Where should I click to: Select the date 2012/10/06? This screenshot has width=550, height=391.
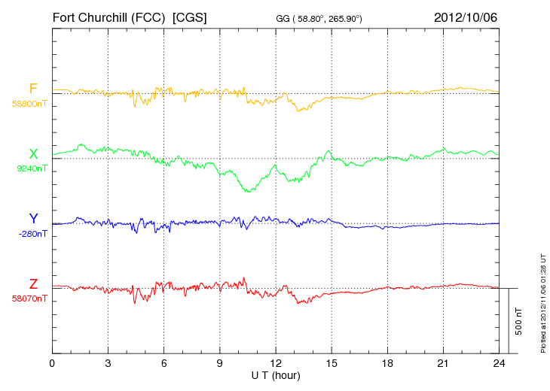click(x=465, y=17)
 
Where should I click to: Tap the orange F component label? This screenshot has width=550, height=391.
click(x=33, y=89)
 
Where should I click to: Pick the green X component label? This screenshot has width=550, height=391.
click(x=33, y=154)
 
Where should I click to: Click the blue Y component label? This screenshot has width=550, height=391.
click(x=33, y=219)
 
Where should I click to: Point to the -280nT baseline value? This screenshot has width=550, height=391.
click(x=32, y=234)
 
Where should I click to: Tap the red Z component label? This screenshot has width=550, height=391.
click(x=33, y=284)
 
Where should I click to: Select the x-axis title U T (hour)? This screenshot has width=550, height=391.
click(x=276, y=374)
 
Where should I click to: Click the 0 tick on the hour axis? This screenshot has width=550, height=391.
click(x=52, y=363)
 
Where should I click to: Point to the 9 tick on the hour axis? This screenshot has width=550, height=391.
click(x=220, y=363)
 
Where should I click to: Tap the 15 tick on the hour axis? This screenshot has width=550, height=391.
click(x=332, y=363)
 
